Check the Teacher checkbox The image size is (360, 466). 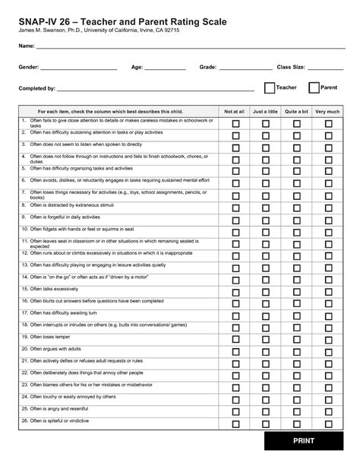270,88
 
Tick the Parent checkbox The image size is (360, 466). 314,88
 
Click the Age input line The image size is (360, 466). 164,69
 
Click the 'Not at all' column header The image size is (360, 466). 235,111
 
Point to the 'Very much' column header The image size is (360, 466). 327,111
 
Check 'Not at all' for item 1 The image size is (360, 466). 235,123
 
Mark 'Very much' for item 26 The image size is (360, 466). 328,423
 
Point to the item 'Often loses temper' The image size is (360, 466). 52,337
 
